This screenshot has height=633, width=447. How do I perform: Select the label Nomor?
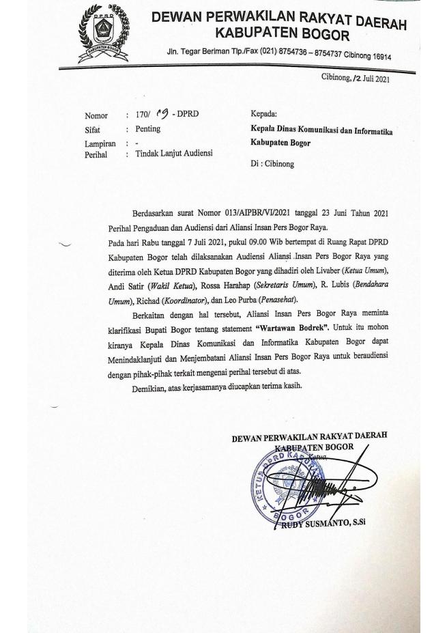(96, 116)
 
